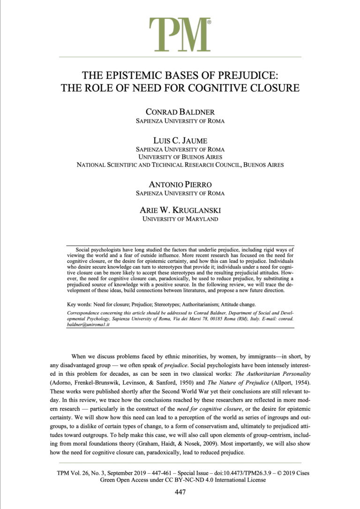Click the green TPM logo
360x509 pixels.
coord(180,32)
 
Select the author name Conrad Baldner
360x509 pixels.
coord(180,112)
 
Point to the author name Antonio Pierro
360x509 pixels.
coord(180,183)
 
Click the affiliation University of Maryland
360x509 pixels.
coord(180,219)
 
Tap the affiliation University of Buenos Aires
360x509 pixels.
coord(180,157)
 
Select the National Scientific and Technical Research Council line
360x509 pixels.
coord(180,165)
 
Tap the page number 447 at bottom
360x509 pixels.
coord(180,492)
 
